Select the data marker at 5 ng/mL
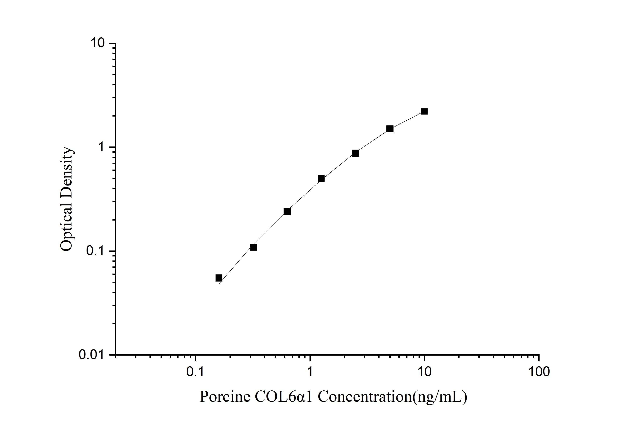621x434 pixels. point(390,129)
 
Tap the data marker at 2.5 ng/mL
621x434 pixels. point(355,153)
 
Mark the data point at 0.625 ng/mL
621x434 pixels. point(287,212)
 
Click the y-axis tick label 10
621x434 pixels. point(97,43)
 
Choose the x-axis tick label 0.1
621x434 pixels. point(195,372)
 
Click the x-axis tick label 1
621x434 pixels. point(310,372)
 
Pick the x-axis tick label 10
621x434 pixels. point(424,372)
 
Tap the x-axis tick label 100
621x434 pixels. point(539,372)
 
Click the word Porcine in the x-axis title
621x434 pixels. point(225,397)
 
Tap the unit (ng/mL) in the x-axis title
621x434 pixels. point(440,397)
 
